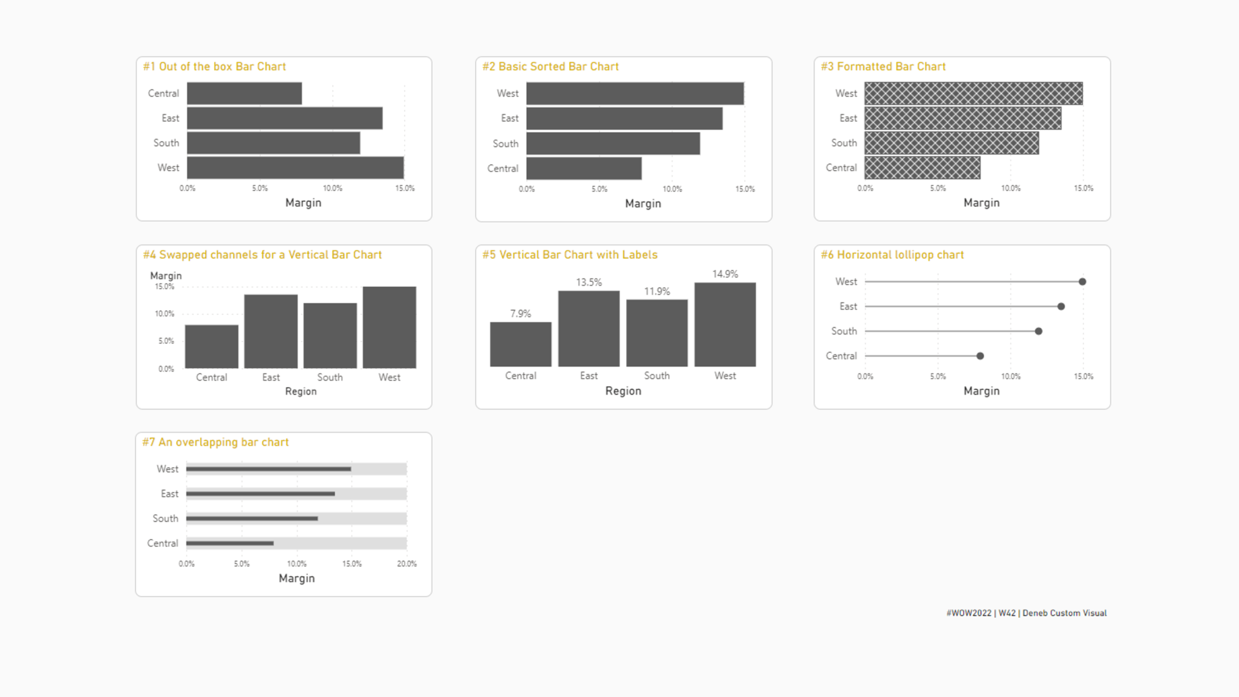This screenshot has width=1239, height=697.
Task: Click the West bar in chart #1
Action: [295, 168]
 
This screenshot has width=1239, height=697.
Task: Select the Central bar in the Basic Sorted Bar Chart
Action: [584, 168]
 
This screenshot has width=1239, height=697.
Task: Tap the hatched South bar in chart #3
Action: [951, 143]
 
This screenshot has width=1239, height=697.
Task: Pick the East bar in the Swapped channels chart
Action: [270, 331]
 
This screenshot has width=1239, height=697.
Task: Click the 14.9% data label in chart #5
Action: [725, 274]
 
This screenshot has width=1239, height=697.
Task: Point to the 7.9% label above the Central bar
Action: [520, 313]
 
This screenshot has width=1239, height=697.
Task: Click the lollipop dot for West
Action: [1082, 281]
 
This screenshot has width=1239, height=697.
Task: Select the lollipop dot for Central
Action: [980, 356]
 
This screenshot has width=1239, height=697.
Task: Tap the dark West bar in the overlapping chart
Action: [269, 469]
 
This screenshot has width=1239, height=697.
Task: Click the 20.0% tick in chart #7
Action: [407, 564]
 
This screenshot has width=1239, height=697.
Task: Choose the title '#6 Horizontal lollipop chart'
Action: [892, 255]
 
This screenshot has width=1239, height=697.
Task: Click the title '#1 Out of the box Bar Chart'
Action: [214, 67]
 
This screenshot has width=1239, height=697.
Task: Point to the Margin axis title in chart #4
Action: [166, 275]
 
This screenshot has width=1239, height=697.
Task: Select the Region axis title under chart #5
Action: [623, 391]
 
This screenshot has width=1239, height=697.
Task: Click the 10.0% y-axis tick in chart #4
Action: [164, 313]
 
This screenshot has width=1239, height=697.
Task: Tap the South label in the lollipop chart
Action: [844, 331]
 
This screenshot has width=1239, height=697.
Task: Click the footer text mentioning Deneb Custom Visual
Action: [1026, 613]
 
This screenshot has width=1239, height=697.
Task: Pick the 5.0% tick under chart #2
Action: [599, 189]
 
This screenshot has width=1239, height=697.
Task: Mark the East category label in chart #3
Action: [848, 118]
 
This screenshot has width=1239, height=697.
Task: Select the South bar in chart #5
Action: [656, 333]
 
